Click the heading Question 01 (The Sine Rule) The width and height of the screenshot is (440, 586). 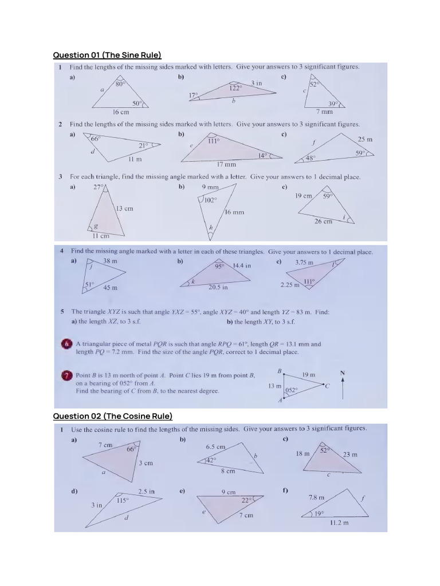107,55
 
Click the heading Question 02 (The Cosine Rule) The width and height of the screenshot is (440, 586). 112,416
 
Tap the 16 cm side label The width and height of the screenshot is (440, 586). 121,112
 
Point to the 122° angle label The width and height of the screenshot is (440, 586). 235,88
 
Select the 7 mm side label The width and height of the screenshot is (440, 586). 325,112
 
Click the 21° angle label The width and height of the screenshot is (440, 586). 143,145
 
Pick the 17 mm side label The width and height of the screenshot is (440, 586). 226,164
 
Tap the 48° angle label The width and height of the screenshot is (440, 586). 310,158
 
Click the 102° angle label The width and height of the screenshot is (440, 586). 211,200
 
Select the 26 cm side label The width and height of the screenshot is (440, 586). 323,221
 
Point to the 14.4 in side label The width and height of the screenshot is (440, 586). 242,266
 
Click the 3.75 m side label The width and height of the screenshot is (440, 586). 304,262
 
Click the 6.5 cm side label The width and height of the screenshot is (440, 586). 215,447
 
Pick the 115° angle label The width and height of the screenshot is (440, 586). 123,500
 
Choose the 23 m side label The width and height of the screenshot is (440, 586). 350,454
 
